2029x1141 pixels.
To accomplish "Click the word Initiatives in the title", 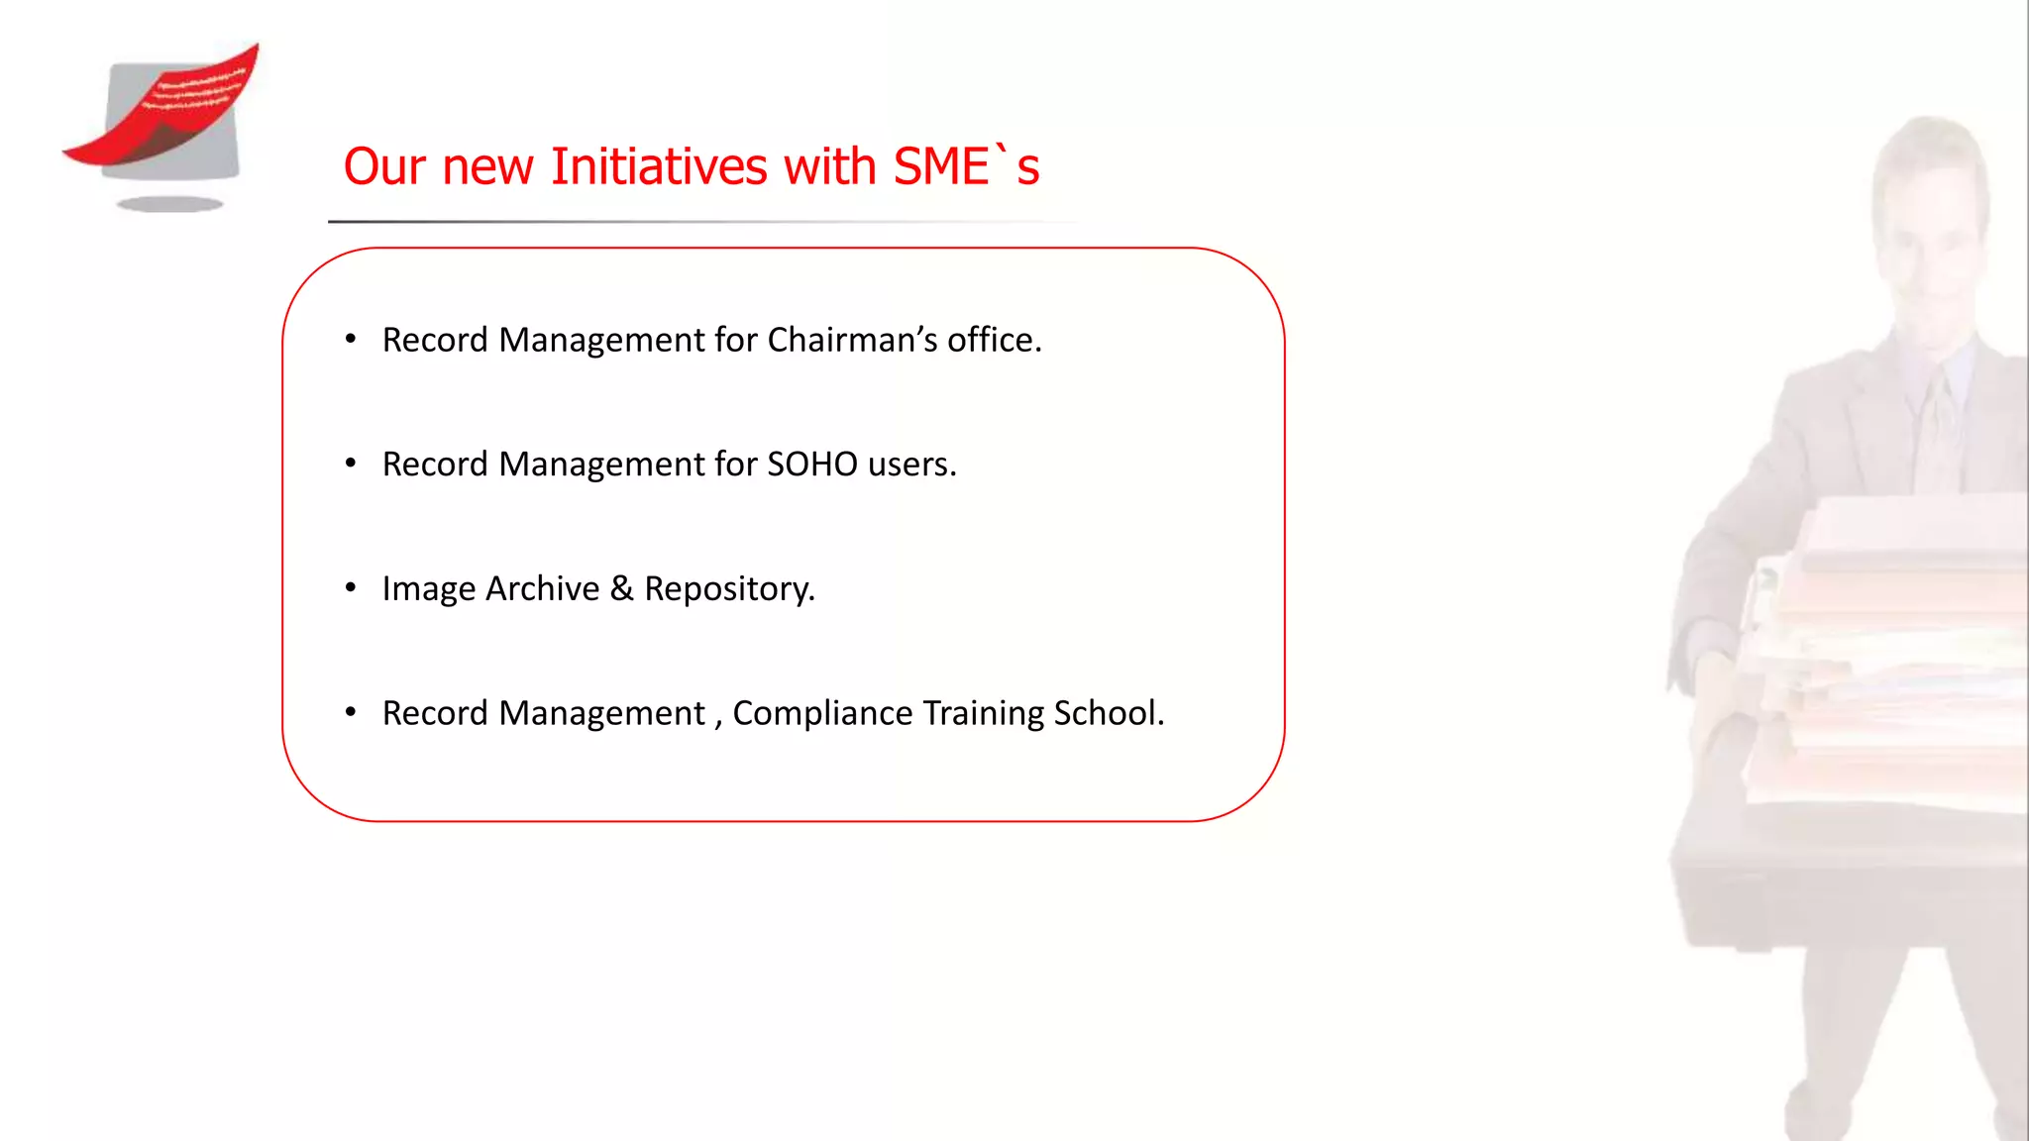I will click(658, 166).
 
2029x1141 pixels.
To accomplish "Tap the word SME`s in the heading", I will click(966, 166).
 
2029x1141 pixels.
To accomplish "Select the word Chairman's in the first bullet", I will click(852, 340).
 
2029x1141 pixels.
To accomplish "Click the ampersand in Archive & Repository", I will click(622, 588).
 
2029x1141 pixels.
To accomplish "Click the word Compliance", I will click(822, 713).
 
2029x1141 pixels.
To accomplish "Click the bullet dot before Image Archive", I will click(351, 588).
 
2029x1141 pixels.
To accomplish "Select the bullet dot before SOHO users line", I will click(351, 464).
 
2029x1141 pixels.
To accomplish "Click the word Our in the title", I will click(384, 166).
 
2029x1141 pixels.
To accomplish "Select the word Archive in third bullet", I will click(542, 589).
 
